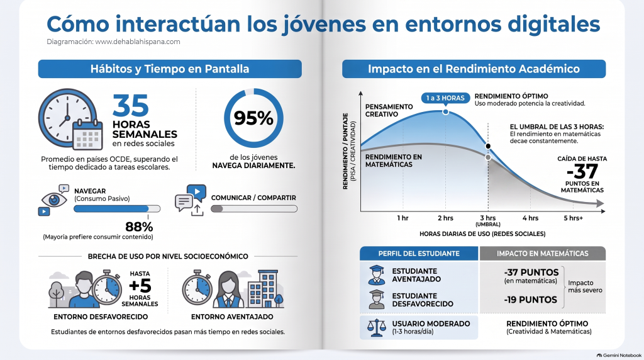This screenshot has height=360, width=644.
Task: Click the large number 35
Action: coord(131,106)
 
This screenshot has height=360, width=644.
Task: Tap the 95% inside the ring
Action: coord(253,118)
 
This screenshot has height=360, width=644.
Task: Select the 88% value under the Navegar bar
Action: coord(139,227)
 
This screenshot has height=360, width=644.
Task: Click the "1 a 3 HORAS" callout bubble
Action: coord(445,98)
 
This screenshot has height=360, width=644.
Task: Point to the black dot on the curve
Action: coord(488,146)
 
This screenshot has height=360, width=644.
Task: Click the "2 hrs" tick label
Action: coord(445,218)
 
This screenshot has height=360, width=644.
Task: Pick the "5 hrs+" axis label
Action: coord(573,218)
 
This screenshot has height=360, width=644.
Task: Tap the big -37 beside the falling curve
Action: coord(582,171)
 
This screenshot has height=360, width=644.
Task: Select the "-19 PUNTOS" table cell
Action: coord(530,300)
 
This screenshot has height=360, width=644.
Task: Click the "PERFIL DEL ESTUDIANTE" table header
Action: coord(419,254)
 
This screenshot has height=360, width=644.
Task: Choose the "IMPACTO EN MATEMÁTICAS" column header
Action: coord(543,254)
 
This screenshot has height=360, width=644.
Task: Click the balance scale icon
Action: coord(377,327)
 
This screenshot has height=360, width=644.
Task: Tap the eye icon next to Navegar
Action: coord(54,200)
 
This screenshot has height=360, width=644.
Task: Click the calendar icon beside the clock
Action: coord(87,135)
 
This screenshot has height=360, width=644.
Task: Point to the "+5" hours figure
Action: coord(140,286)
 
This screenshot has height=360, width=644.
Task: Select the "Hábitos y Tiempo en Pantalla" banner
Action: coord(170,69)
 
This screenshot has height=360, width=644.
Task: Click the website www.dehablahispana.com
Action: coord(138,42)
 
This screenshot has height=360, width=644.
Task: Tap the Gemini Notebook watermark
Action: coord(619,355)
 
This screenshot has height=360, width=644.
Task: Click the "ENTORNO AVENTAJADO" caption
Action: coord(232,317)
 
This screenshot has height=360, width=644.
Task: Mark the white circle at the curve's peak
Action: coord(445,112)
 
